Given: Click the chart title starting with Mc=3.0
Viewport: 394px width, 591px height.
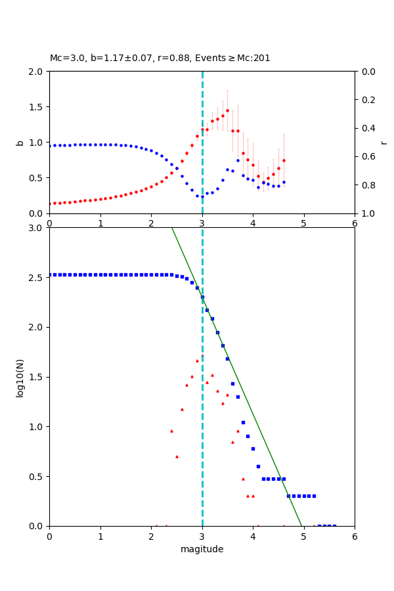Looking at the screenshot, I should [160, 58].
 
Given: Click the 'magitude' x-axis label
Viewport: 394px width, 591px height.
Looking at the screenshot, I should [202, 549].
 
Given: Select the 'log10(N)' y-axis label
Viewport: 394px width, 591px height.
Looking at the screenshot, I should [20, 377].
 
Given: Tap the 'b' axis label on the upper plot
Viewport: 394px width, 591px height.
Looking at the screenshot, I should [20, 142].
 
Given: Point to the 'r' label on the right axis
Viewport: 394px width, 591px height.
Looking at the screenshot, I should [383, 142].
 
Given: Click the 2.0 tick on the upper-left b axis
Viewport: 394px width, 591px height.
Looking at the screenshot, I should [37, 72].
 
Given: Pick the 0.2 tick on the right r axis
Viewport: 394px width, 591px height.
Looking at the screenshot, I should [366, 100].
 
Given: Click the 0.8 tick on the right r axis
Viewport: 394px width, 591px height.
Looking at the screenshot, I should [366, 185].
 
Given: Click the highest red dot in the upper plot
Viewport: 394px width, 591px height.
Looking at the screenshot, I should [227, 110].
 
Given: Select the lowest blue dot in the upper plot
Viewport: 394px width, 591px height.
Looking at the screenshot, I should [202, 196].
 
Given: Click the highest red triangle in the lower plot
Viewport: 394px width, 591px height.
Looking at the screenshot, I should [202, 355].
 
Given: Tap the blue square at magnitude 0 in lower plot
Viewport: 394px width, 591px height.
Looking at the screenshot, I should [50, 274].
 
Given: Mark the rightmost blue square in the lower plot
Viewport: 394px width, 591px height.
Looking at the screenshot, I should [334, 525].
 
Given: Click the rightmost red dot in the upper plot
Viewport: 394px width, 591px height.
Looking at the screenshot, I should [284, 160].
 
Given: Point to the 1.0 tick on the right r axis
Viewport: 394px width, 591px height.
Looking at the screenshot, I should [366, 213].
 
